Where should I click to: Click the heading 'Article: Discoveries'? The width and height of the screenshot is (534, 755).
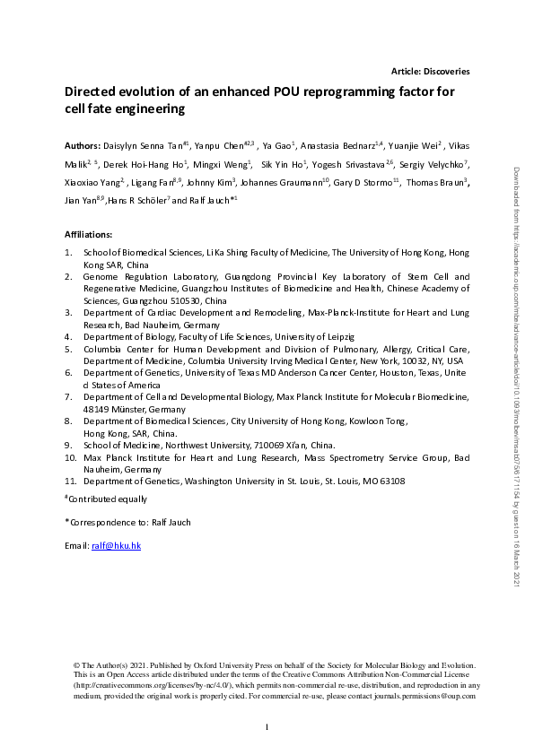pyautogui.click(x=431, y=71)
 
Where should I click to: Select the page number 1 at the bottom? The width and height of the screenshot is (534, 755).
pyautogui.click(x=267, y=726)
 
